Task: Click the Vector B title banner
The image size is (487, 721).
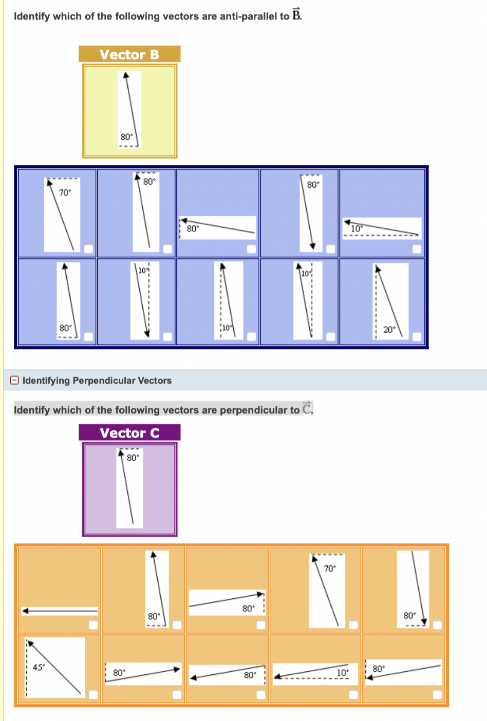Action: (129, 54)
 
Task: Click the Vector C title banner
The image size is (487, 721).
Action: (129, 433)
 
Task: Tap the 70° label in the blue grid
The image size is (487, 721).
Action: (65, 193)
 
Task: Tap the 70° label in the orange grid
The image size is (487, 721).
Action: (329, 568)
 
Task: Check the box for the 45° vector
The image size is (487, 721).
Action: (92, 694)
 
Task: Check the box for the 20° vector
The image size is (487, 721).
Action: (417, 337)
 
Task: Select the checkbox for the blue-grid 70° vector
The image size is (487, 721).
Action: (89, 249)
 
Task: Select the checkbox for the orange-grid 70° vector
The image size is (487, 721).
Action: (353, 624)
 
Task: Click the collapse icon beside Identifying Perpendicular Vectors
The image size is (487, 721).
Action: (15, 381)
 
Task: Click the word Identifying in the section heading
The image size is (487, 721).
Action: (46, 381)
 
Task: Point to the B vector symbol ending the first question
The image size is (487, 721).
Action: (296, 15)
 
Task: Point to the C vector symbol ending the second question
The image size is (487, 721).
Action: (307, 408)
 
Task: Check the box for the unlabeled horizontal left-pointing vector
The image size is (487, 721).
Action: (92, 624)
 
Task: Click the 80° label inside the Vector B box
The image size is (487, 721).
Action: (126, 137)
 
